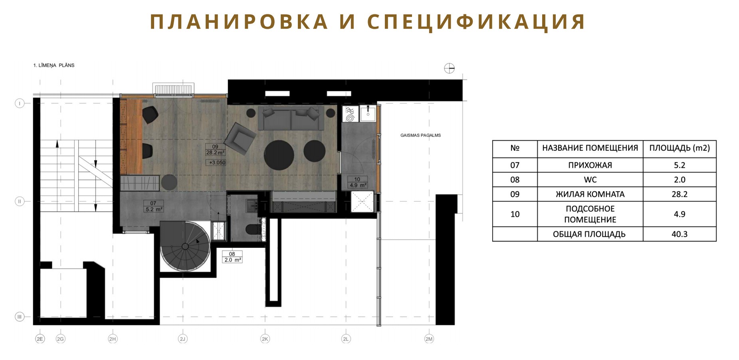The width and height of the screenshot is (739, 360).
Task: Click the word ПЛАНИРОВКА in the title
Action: click(239, 22)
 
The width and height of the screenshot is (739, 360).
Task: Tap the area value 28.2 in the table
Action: click(680, 194)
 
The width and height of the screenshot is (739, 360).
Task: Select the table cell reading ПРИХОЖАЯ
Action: click(590, 165)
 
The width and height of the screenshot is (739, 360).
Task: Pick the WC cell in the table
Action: click(590, 180)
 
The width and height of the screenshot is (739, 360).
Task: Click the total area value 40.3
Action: click(680, 234)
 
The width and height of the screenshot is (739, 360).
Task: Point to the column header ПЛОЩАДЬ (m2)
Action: click(680, 148)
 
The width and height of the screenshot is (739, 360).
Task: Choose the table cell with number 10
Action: click(515, 214)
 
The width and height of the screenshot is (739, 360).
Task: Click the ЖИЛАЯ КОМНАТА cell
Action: click(590, 194)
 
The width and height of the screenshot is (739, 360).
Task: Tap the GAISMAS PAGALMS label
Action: click(420, 135)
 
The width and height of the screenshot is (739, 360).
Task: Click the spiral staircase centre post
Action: click(185, 247)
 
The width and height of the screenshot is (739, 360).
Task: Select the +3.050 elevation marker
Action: click(216, 162)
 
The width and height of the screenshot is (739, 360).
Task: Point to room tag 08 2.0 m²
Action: click(232, 257)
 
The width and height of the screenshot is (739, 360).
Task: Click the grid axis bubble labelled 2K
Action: click(265, 339)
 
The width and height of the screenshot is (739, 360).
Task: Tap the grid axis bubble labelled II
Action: click(20, 202)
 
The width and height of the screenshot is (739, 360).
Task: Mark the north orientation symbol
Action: click(449, 69)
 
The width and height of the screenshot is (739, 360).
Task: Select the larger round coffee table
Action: click(279, 155)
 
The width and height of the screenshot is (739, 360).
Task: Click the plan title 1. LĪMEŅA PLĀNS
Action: click(54, 65)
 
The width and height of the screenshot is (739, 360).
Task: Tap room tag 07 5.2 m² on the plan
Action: click(154, 206)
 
